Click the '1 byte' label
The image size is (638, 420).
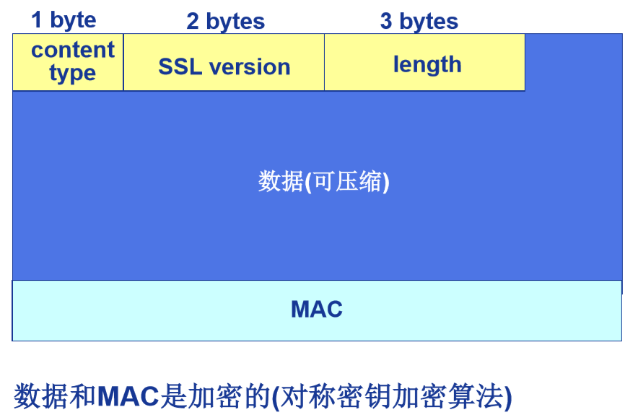[x=64, y=19]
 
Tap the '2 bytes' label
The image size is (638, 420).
[x=225, y=22]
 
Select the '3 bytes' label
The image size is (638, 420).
[x=419, y=22]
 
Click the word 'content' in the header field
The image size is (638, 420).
[x=73, y=50]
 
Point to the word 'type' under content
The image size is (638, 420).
[x=72, y=73]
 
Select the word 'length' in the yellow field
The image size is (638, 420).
[x=427, y=65]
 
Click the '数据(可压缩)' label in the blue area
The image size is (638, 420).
[x=323, y=181]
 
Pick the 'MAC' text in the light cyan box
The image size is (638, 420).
[x=316, y=310]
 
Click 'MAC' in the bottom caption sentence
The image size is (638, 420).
[x=129, y=395]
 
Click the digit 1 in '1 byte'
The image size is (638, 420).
[x=38, y=19]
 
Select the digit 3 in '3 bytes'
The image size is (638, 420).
[x=386, y=22]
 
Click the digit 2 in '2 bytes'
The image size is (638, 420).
[x=193, y=22]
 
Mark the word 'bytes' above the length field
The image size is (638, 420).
[x=429, y=22]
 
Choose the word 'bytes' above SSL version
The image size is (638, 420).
[x=235, y=22]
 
